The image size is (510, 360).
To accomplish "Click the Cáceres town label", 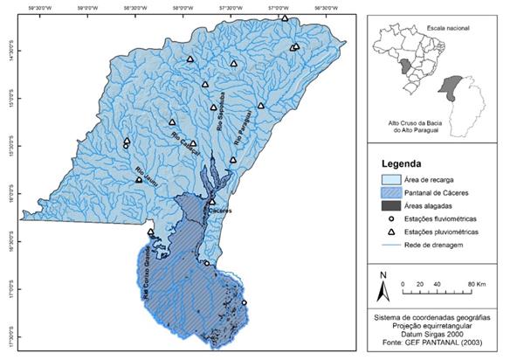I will point(219,211).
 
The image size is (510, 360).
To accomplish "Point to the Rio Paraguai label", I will point(245,121).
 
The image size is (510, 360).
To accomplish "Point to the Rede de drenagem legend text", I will point(438,246).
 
